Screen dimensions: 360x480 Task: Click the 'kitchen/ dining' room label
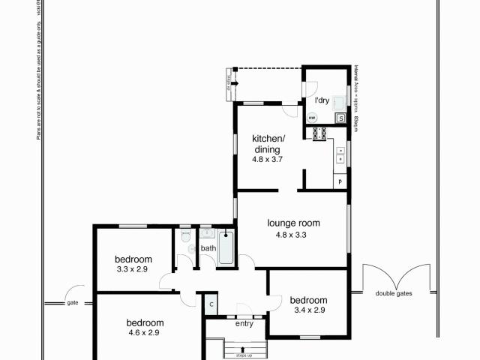point(268,144)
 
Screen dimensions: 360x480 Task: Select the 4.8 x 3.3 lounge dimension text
point(292,235)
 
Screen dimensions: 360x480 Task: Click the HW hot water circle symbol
point(312,118)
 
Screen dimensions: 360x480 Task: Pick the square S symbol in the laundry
point(340,118)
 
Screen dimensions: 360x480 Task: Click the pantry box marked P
point(340,181)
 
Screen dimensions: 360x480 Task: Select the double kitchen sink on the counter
point(340,155)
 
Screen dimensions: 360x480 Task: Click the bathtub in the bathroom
point(226,247)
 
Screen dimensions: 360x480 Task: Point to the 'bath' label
point(208,248)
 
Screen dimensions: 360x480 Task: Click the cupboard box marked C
point(212,304)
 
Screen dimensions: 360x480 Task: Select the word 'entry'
point(244,323)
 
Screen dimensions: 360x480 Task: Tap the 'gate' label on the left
point(73,303)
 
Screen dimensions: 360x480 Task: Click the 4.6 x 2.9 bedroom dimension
point(142,332)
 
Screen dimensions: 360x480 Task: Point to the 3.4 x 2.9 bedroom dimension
point(309,310)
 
